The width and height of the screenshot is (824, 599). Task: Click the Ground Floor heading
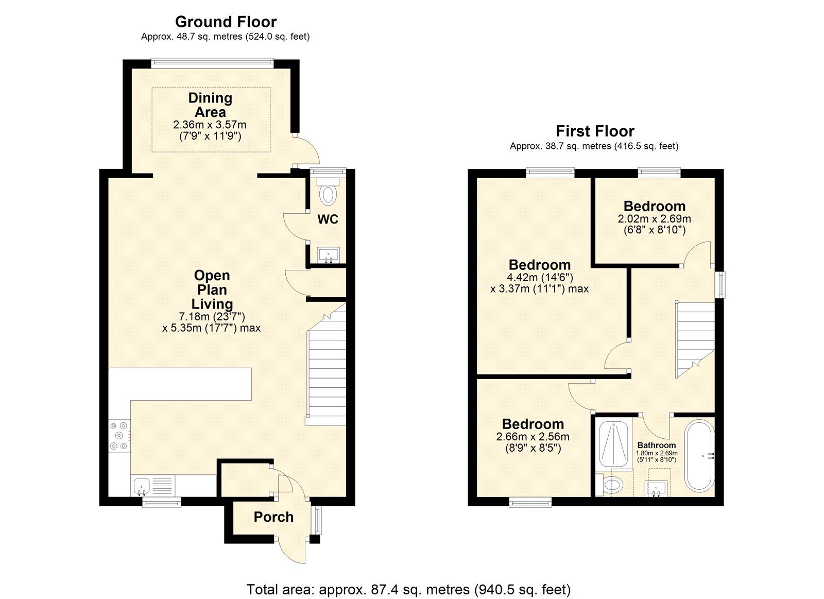[226, 22]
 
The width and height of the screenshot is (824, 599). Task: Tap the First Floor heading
[595, 131]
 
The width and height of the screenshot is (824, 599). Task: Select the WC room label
[328, 219]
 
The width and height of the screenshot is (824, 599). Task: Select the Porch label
[273, 517]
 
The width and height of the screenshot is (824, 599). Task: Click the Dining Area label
[210, 105]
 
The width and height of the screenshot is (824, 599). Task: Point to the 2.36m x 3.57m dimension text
[210, 125]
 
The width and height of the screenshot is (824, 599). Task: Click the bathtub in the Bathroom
[699, 455]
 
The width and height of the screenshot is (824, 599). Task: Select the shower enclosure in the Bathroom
[614, 444]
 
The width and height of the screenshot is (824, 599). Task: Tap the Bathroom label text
[656, 446]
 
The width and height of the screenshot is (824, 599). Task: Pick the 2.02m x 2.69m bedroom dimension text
[654, 219]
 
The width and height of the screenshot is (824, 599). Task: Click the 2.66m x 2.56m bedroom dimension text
[533, 437]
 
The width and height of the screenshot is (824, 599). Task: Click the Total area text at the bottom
[408, 589]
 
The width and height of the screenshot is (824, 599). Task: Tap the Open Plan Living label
[212, 289]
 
